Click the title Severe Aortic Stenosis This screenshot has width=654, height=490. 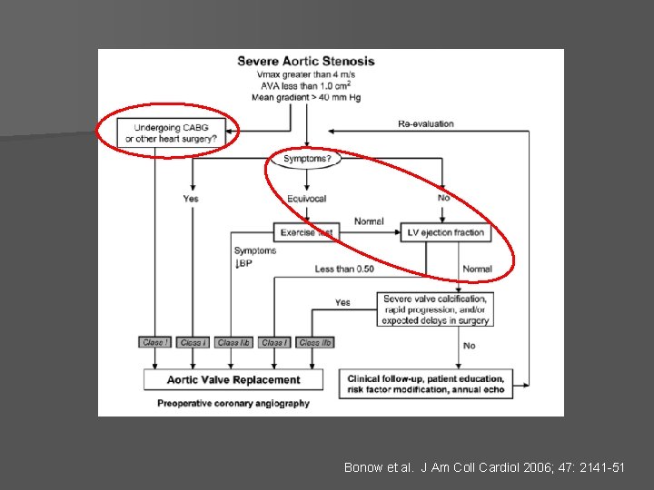pos(306,62)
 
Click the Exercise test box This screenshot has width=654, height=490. pos(306,232)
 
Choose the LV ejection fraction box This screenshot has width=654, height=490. pos(445,232)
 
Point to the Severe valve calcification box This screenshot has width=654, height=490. pos(436,309)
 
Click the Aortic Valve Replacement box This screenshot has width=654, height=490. pos(233,379)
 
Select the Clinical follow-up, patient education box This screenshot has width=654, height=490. pos(426,383)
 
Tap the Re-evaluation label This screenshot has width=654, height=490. pos(426,123)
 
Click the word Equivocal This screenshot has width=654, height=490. pos(306,199)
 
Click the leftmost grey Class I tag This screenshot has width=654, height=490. pos(154,343)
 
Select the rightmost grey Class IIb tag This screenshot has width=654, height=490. pos(315,343)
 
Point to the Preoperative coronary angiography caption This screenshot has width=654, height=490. pos(233,403)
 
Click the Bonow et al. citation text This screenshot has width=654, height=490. pos(484,467)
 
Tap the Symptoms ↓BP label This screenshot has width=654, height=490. pos(254,257)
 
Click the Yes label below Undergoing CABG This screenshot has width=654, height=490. pos(191,199)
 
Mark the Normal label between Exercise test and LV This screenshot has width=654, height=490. pos(369,221)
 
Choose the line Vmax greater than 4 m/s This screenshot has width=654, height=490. pos(306,74)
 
